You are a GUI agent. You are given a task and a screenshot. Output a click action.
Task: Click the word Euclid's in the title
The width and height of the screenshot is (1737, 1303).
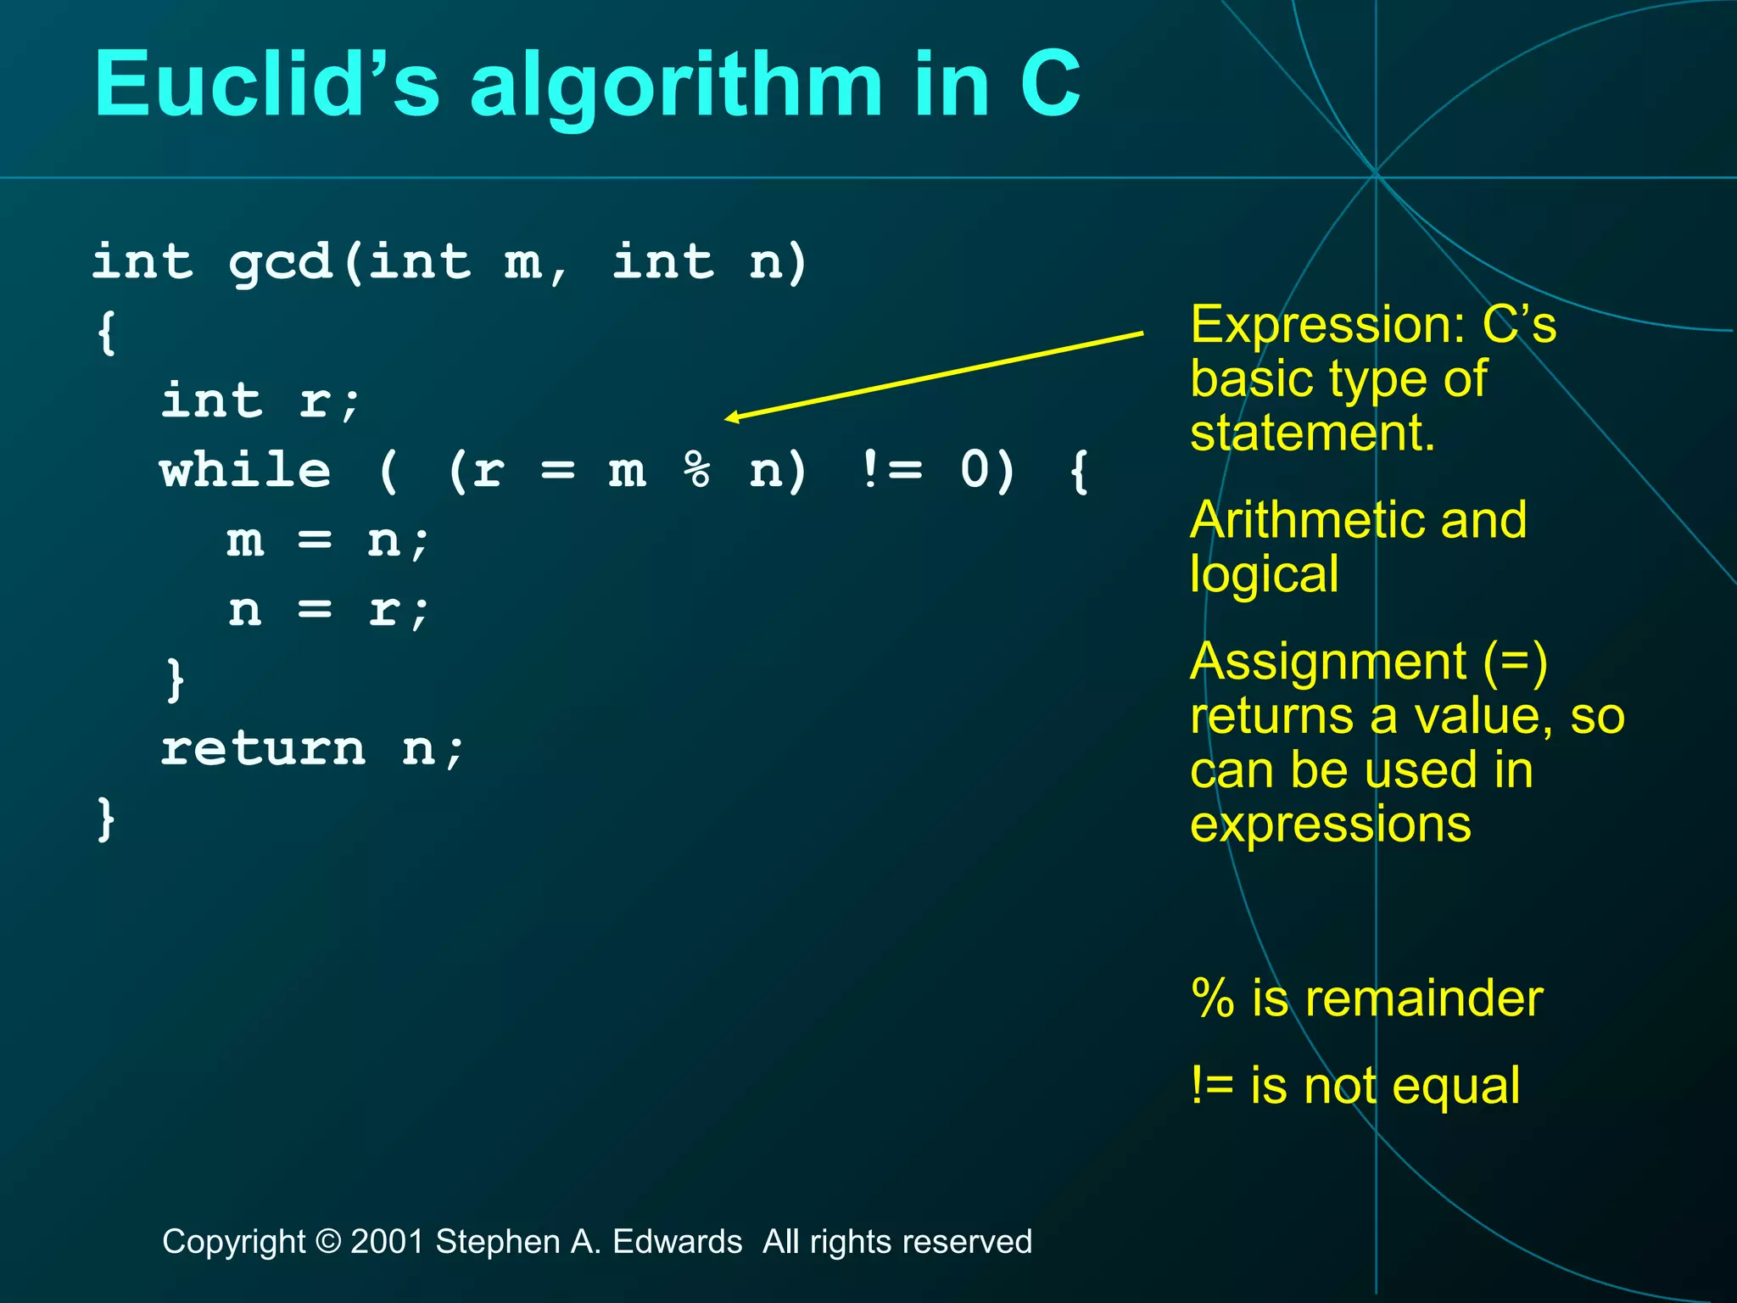(x=266, y=85)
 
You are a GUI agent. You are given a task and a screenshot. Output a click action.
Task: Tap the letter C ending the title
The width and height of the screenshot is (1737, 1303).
(x=1050, y=85)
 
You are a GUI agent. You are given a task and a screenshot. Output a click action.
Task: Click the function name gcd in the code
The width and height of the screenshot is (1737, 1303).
(x=280, y=263)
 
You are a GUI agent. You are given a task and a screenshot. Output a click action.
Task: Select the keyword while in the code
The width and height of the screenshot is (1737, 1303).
(x=246, y=471)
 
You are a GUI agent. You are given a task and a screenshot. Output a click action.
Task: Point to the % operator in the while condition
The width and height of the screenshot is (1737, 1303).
(x=697, y=471)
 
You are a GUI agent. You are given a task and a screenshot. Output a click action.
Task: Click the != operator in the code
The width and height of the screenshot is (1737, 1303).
(x=891, y=471)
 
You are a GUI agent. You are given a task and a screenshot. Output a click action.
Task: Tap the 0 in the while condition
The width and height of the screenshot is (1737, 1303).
(x=975, y=471)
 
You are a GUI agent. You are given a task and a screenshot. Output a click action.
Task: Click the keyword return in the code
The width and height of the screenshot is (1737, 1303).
(x=263, y=750)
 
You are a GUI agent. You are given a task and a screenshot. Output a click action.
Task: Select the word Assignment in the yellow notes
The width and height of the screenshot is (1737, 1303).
(x=1328, y=662)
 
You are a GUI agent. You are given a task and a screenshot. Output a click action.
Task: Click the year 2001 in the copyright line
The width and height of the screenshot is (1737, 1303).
(x=387, y=1242)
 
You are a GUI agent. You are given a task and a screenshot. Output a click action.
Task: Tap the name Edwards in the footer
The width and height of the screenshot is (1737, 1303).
(x=677, y=1242)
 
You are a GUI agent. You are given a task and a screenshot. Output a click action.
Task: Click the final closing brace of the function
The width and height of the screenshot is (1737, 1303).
(x=106, y=819)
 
